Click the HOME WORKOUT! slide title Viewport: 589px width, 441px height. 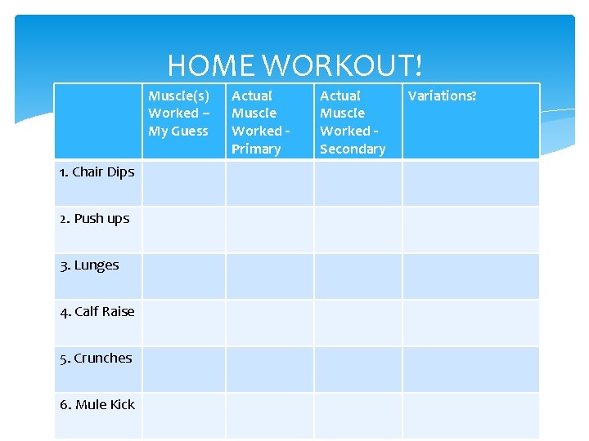pyautogui.click(x=294, y=65)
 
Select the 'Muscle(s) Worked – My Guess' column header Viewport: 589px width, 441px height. pyautogui.click(x=178, y=114)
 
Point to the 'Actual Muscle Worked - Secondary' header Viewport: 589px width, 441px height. pyautogui.click(x=352, y=122)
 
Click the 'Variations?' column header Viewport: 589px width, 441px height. pyautogui.click(x=442, y=96)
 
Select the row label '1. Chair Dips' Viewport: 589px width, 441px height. pyautogui.click(x=97, y=171)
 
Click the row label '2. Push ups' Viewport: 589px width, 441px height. pyautogui.click(x=94, y=218)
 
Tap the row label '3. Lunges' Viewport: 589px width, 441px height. pyautogui.click(x=89, y=265)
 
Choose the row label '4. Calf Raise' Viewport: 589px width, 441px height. pyautogui.click(x=97, y=311)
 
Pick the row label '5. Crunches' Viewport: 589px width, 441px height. pyautogui.click(x=96, y=358)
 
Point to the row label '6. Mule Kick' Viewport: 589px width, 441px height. pyautogui.click(x=97, y=404)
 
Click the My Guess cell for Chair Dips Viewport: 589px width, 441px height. pyautogui.click(x=184, y=183)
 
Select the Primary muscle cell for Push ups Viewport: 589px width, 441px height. pyautogui.click(x=270, y=229)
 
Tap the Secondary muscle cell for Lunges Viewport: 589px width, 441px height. pyautogui.click(x=358, y=276)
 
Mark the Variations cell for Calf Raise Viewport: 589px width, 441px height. pyautogui.click(x=471, y=323)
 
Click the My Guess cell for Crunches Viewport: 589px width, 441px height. pyautogui.click(x=184, y=369)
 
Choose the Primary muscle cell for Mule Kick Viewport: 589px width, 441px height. pyautogui.click(x=270, y=416)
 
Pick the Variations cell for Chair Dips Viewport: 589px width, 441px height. pyautogui.click(x=471, y=183)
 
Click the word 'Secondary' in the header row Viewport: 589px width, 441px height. pyautogui.click(x=353, y=149)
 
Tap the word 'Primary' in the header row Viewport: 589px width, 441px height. pyautogui.click(x=256, y=149)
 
